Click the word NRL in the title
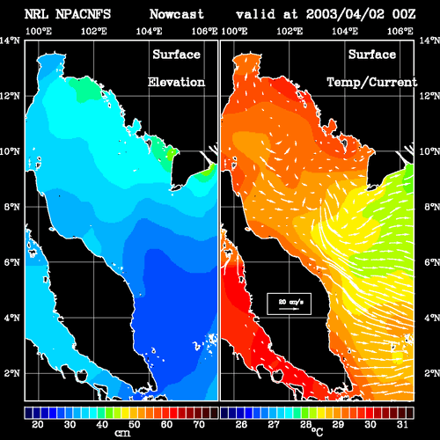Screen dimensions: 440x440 [x=36, y=14]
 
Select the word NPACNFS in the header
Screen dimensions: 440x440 [x=84, y=14]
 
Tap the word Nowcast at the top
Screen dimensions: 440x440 [x=177, y=14]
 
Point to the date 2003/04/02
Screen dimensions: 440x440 [x=345, y=14]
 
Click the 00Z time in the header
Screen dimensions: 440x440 [x=404, y=14]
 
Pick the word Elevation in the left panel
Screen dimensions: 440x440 [x=176, y=82]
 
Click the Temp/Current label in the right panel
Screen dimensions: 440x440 [x=372, y=83]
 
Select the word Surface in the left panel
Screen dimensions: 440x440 [x=177, y=55]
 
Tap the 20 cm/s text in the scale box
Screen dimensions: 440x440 [x=290, y=302]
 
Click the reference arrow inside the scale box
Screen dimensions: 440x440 [x=289, y=309]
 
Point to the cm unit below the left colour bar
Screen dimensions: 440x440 [x=122, y=433]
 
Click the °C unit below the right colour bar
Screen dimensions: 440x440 [x=318, y=432]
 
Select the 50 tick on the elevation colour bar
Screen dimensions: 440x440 [x=135, y=424]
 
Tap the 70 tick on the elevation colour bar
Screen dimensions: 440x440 [x=199, y=424]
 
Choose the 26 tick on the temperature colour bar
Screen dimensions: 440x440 [x=241, y=424]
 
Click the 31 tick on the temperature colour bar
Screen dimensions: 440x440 [x=402, y=424]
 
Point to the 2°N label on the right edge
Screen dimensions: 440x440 [x=431, y=373]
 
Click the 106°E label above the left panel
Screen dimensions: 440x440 [x=204, y=31]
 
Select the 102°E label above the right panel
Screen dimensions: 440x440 [x=290, y=31]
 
